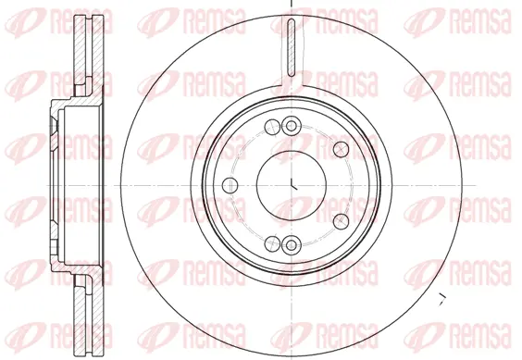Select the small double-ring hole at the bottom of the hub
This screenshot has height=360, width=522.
click(291, 243)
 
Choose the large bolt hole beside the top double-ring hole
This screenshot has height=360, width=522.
click(271, 128)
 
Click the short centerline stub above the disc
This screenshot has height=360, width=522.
click(291, 4)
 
